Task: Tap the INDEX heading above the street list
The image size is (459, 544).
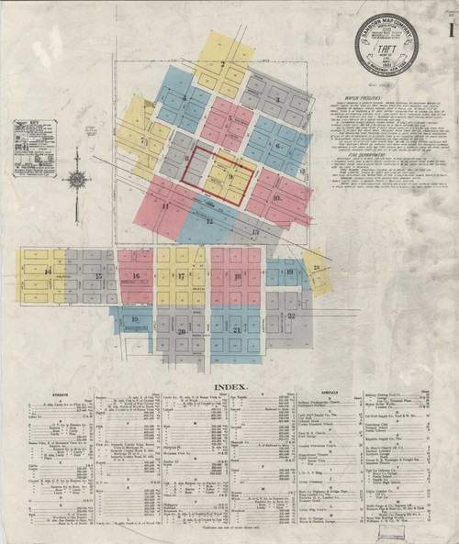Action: (x=229, y=388)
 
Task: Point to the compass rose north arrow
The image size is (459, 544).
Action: (x=77, y=179)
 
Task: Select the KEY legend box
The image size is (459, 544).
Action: (x=35, y=147)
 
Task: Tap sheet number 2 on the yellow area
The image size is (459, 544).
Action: (x=222, y=63)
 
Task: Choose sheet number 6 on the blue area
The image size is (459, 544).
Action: (x=277, y=145)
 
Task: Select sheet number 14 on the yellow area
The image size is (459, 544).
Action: (x=48, y=272)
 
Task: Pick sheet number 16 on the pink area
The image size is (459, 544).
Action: (x=136, y=275)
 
